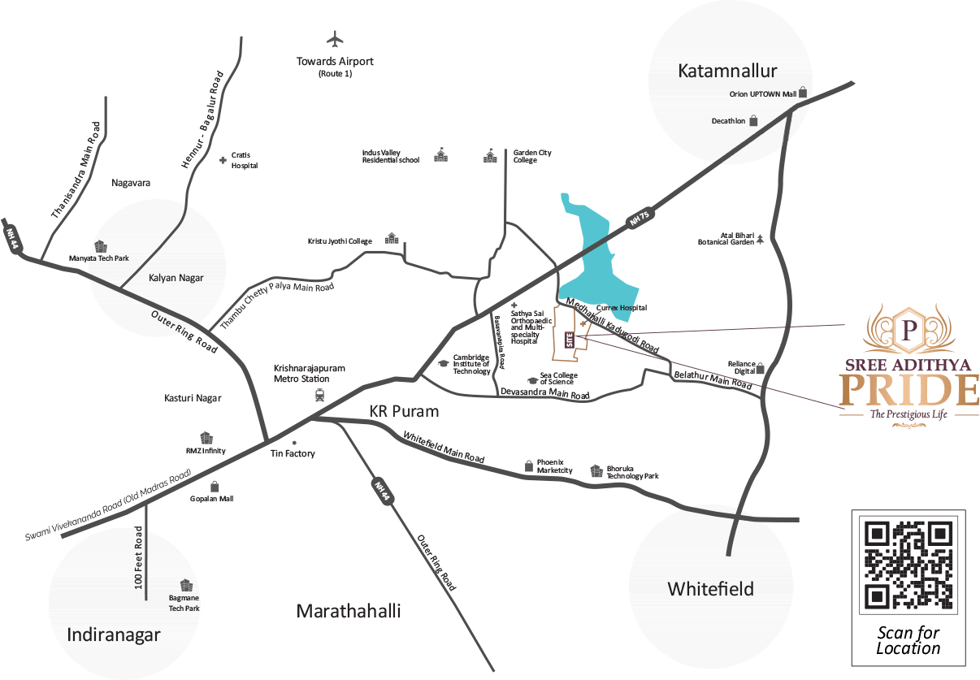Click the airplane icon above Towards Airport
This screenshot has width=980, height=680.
[335, 39]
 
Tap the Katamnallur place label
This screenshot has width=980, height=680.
[727, 71]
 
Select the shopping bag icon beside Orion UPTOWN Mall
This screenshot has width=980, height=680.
[803, 93]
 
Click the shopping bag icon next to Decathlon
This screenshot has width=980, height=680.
[753, 120]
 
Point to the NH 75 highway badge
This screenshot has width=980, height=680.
[640, 218]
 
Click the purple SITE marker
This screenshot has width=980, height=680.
[569, 340]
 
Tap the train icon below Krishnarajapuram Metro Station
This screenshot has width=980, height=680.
[320, 396]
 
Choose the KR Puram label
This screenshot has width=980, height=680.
[404, 412]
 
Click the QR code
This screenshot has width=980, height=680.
[908, 565]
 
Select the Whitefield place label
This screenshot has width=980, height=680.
[710, 589]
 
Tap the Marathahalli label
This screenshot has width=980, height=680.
[349, 611]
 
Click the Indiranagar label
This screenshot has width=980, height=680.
[114, 635]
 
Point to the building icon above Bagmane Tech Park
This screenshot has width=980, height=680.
[186, 585]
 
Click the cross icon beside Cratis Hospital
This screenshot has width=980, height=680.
[223, 161]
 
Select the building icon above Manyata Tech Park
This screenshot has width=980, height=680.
[101, 246]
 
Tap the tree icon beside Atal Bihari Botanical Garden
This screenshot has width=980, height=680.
[761, 239]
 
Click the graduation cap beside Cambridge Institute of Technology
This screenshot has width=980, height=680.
[443, 363]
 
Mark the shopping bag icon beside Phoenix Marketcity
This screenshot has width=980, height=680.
[528, 466]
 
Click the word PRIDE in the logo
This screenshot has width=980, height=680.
[908, 390]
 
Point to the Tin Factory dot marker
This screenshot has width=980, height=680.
[294, 443]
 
